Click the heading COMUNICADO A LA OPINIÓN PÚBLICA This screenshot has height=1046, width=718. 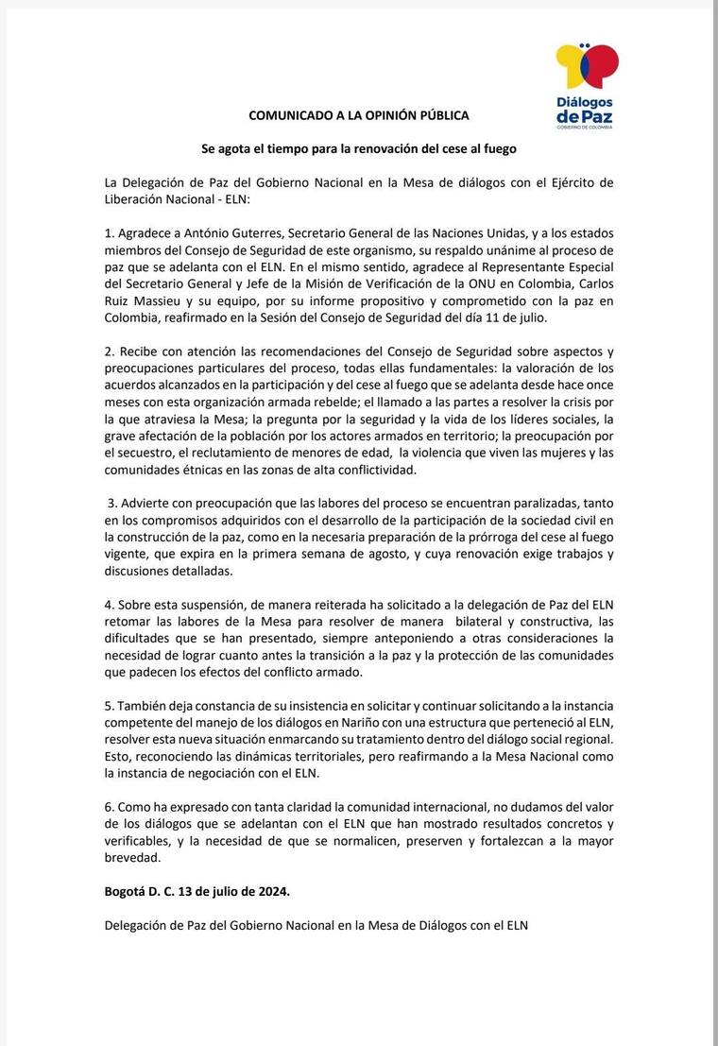(358, 115)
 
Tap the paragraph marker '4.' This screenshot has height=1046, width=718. (111, 605)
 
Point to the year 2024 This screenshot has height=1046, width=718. (267, 892)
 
